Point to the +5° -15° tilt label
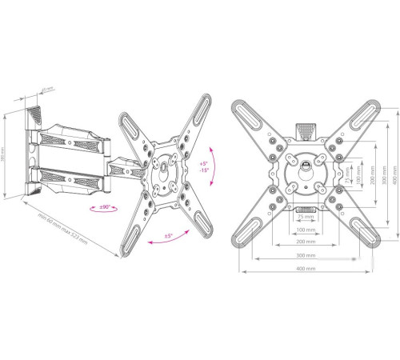(x=204, y=169)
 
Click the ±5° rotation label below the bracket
(x=170, y=237)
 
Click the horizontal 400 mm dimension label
(x=303, y=269)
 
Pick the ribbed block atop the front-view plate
(x=304, y=129)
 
